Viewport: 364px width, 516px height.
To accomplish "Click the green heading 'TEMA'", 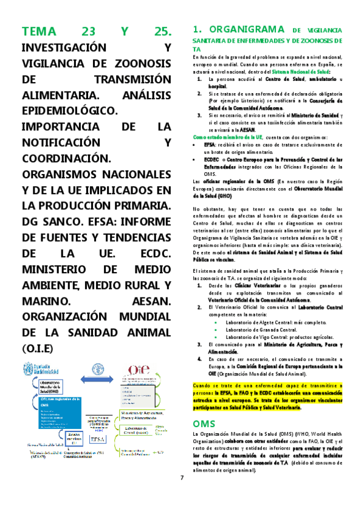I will (38, 32).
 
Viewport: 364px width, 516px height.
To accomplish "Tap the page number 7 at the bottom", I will (181, 476).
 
